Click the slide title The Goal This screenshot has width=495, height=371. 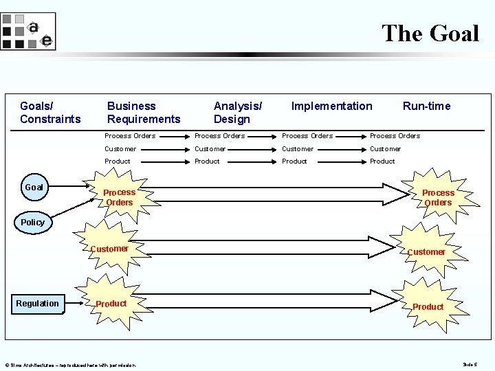click(430, 32)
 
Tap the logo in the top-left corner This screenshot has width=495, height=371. click(27, 32)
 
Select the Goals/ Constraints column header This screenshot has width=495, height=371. click(50, 113)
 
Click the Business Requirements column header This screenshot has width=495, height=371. click(143, 113)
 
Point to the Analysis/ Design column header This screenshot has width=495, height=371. click(237, 113)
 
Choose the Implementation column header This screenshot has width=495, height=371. click(331, 106)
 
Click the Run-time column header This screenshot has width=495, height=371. click(426, 106)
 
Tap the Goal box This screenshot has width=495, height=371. click(34, 187)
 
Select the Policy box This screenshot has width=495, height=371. click(32, 223)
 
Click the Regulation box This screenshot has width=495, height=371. click(38, 304)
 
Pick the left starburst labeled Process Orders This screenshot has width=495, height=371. click(119, 198)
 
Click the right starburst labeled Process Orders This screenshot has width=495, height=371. click(438, 198)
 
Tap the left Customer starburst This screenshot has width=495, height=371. click(110, 249)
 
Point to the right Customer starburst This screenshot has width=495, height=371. click(426, 252)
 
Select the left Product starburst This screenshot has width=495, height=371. click(111, 304)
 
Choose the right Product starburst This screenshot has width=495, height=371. click(428, 306)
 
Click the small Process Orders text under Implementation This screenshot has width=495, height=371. click(307, 136)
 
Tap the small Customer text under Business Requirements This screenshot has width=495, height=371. click(120, 148)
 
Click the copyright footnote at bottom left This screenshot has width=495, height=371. click(69, 365)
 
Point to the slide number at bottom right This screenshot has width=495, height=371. click(470, 364)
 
